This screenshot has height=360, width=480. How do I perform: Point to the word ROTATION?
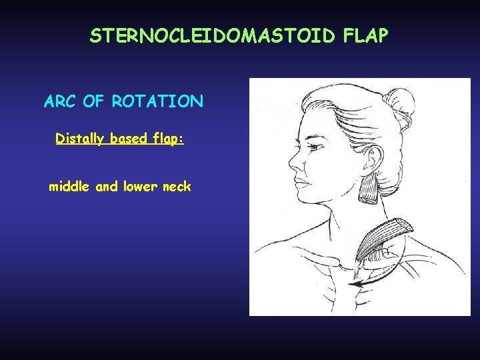[158, 102]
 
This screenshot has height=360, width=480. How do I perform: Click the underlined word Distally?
[79, 139]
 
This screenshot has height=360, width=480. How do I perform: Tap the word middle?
[71, 187]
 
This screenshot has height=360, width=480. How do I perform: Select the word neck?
[177, 187]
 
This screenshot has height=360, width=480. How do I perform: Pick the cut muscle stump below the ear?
[367, 190]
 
